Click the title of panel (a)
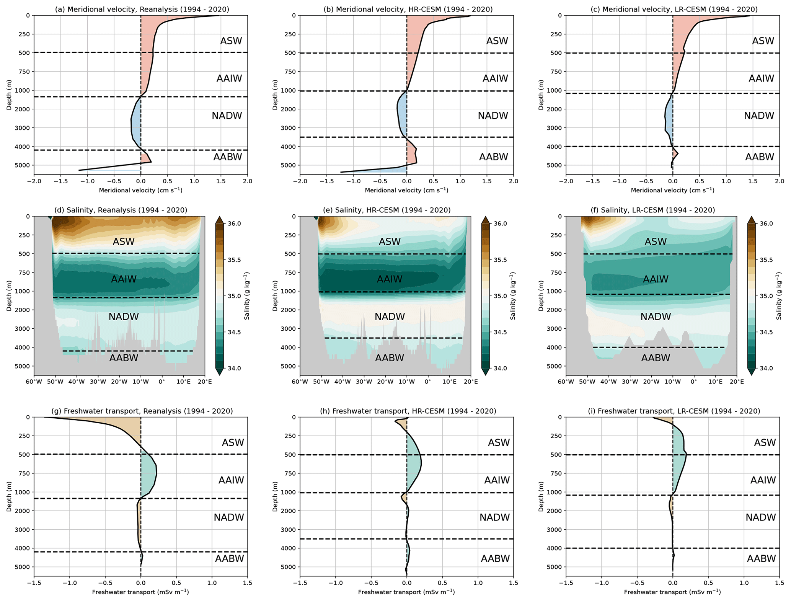[142, 9]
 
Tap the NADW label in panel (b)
[493, 116]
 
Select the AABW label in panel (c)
[759, 157]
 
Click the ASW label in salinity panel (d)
[124, 241]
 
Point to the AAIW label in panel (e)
[390, 279]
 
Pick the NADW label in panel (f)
[656, 316]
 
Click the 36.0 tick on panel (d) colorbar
[234, 224]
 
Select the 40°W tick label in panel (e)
[342, 382]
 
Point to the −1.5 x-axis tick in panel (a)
[61, 181]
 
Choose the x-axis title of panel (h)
[406, 592]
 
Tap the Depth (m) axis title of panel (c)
[541, 95]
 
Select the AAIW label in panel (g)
[231, 480]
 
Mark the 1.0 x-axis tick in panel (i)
[744, 583]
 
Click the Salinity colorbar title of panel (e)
[513, 296]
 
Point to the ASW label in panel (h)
[499, 443]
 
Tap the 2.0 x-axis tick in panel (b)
[513, 181]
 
